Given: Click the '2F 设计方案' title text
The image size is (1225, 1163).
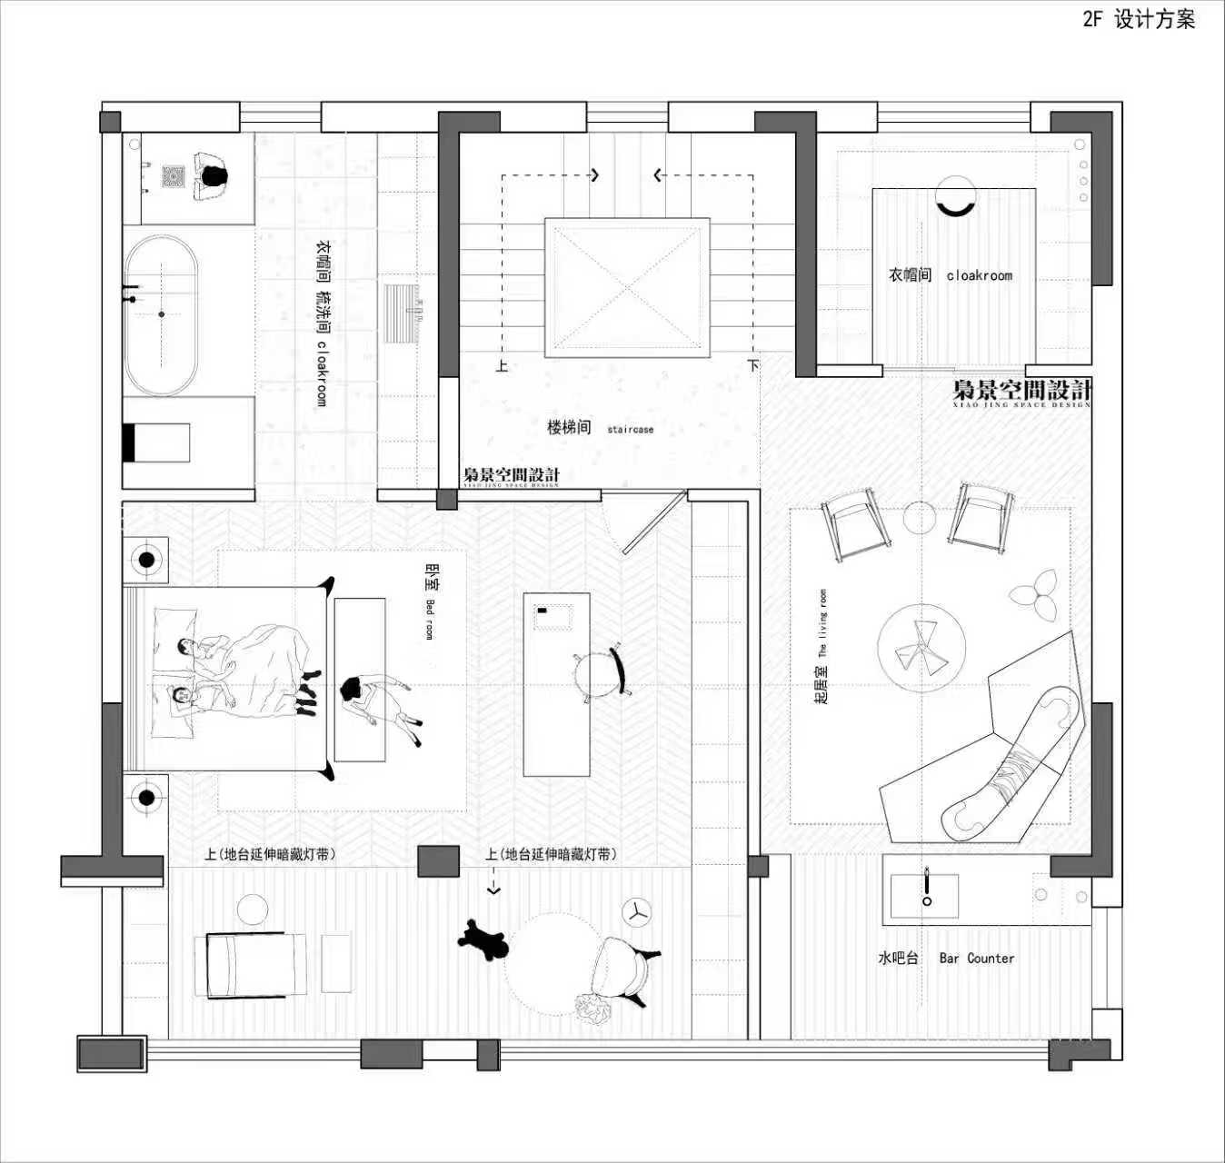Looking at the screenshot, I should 1139,19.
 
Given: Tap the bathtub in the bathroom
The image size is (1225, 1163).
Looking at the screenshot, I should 161,314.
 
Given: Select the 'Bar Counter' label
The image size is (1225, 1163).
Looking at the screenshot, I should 976,958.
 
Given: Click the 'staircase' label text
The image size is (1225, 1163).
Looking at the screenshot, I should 630,429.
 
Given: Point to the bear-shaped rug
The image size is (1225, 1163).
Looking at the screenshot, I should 483,941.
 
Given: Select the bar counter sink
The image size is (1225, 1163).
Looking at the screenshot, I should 925,896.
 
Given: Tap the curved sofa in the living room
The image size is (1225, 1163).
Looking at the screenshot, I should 1014,763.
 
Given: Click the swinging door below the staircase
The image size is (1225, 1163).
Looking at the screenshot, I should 652,522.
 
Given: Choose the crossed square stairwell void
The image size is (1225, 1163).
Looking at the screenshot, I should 627,287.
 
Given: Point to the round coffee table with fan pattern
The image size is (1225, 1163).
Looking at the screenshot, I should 921,647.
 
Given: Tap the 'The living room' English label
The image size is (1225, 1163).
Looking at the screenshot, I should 822,623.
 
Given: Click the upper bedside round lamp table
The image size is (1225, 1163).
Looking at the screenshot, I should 146,560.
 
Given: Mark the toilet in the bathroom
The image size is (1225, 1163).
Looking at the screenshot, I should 156,442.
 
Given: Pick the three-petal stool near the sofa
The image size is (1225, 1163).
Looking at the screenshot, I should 1034,594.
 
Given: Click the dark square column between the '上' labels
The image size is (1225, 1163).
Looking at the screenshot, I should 438,861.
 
